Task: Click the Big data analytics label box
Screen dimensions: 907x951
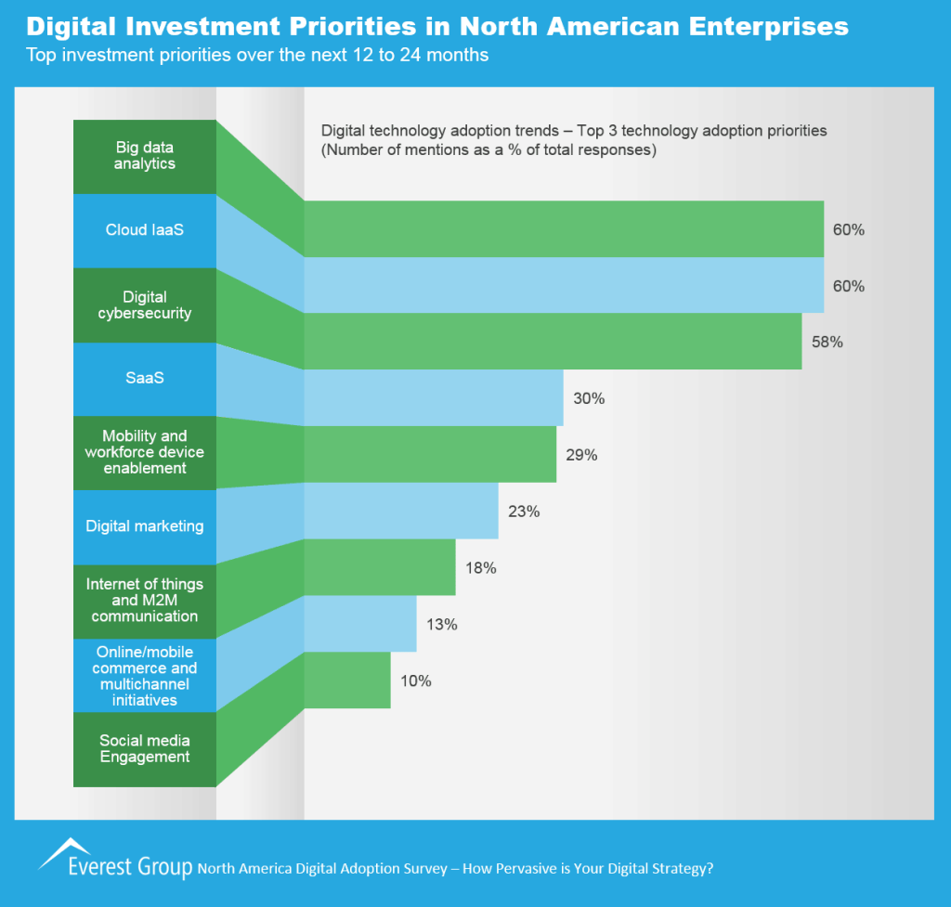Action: click(145, 156)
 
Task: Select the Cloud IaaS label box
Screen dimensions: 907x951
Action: click(145, 230)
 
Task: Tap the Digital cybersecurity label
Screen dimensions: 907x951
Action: click(145, 305)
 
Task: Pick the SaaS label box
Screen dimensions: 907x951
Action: click(145, 380)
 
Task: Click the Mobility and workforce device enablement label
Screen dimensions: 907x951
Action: click(145, 452)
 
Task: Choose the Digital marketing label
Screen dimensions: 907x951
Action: click(145, 526)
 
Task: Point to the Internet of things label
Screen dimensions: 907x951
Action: click(145, 600)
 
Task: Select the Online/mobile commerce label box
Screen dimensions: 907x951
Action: click(145, 676)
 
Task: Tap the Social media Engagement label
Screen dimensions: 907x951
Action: click(145, 749)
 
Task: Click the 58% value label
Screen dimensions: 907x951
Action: click(827, 343)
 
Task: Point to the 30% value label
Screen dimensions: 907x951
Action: click(589, 399)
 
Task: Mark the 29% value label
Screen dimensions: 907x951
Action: click(581, 456)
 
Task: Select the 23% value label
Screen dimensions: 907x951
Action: click(524, 512)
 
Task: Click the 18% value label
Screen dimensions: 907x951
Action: click(480, 568)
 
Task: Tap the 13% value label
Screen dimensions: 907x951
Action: click(441, 625)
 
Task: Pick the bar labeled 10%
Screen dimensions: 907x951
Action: click(347, 680)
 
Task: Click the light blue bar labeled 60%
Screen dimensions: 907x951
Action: click(564, 285)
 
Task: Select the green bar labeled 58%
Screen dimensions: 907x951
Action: click(553, 342)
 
